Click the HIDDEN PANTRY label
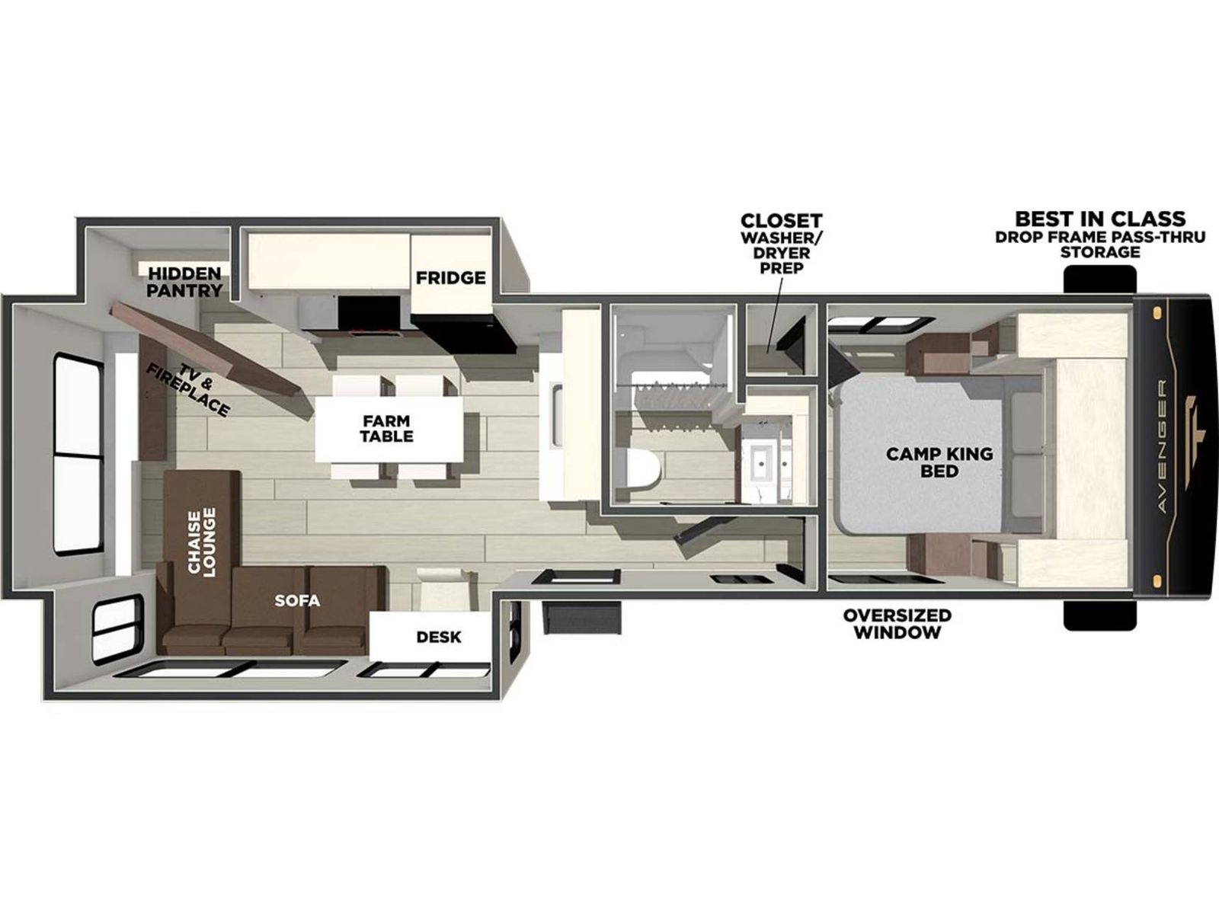tap(185, 282)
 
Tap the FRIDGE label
tap(450, 277)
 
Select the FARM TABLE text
tap(386, 428)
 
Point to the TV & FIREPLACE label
tap(189, 389)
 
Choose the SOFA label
tap(297, 600)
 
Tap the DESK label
tap(438, 637)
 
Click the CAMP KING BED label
tap(939, 462)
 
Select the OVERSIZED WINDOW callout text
tap(897, 624)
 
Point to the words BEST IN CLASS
tap(1100, 218)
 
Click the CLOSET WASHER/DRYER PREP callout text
tap(782, 243)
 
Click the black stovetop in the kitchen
tap(370, 318)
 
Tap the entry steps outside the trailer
tap(582, 617)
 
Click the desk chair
tap(446, 589)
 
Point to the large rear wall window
tap(78, 455)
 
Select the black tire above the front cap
tap(1099, 280)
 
